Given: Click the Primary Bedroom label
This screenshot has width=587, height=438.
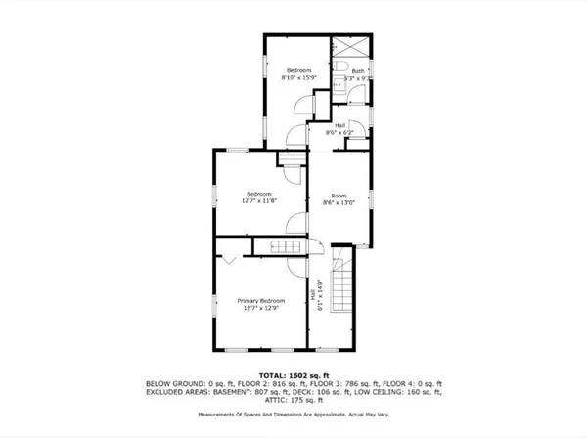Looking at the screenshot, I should pos(262,300).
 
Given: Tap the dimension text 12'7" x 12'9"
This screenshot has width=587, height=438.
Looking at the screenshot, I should pos(262,308).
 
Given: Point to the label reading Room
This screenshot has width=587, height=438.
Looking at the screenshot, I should pos(339,195).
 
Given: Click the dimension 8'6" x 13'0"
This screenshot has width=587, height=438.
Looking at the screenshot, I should pos(339,202).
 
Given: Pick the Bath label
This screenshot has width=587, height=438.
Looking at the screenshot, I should pos(358,70).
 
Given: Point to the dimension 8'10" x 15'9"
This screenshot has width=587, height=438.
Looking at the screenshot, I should pos(298,78).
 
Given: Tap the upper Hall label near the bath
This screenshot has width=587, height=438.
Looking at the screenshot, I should pos(339,125).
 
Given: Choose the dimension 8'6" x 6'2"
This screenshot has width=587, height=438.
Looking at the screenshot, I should pos(339,133).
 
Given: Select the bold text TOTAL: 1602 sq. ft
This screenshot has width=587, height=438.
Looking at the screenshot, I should pos(298,374).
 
